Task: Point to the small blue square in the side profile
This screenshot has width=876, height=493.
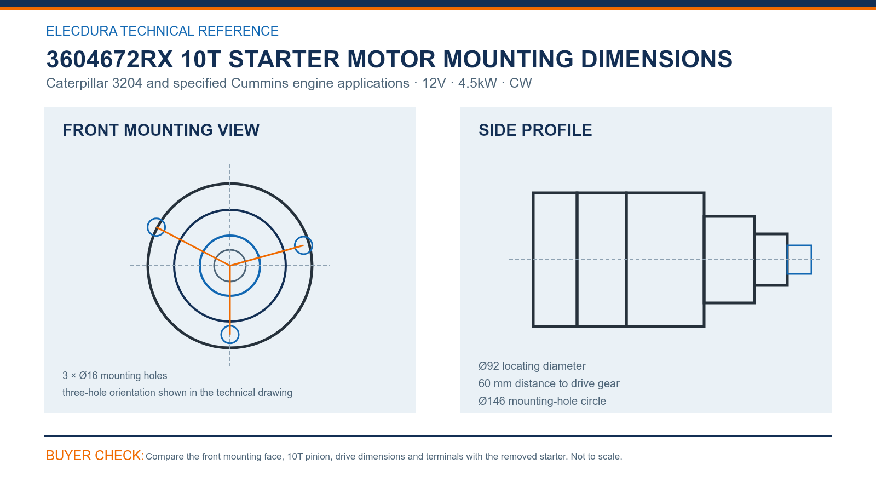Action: tap(787, 260)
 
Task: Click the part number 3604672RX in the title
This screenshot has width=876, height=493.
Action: tap(109, 59)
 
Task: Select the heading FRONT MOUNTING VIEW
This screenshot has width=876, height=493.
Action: tap(161, 130)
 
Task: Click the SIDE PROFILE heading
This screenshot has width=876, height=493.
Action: tap(535, 130)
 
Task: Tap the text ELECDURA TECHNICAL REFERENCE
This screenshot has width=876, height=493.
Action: tap(162, 31)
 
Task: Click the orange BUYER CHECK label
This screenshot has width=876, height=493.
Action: tap(95, 455)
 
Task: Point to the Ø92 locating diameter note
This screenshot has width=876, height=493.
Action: tap(532, 366)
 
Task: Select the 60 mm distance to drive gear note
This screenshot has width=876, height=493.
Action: tap(549, 383)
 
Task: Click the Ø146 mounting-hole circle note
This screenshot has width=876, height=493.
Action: tap(542, 401)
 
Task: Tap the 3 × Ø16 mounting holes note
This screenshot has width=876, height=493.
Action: tap(114, 376)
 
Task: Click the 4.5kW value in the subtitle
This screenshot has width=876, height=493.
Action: tap(477, 83)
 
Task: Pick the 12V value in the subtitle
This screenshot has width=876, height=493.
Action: tap(434, 83)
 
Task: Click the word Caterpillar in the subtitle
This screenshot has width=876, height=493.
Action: tap(77, 83)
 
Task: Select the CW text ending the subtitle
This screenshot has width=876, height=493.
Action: tap(520, 83)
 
